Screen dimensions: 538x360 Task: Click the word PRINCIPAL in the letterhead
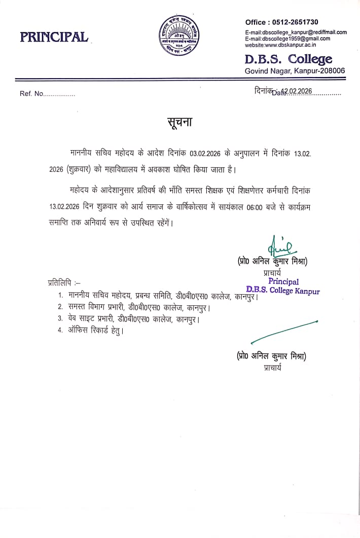tap(54, 37)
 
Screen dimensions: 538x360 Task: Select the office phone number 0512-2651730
tap(296, 22)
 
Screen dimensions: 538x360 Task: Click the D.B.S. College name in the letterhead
tap(288, 59)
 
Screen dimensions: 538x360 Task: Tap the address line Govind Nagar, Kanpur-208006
tap(295, 71)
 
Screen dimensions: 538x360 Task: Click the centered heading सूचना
tap(180, 124)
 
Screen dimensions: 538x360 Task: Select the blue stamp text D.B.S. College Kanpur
tap(283, 291)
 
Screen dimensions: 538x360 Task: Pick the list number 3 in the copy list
tap(60, 319)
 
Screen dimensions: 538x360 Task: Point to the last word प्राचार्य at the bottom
tap(272, 368)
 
